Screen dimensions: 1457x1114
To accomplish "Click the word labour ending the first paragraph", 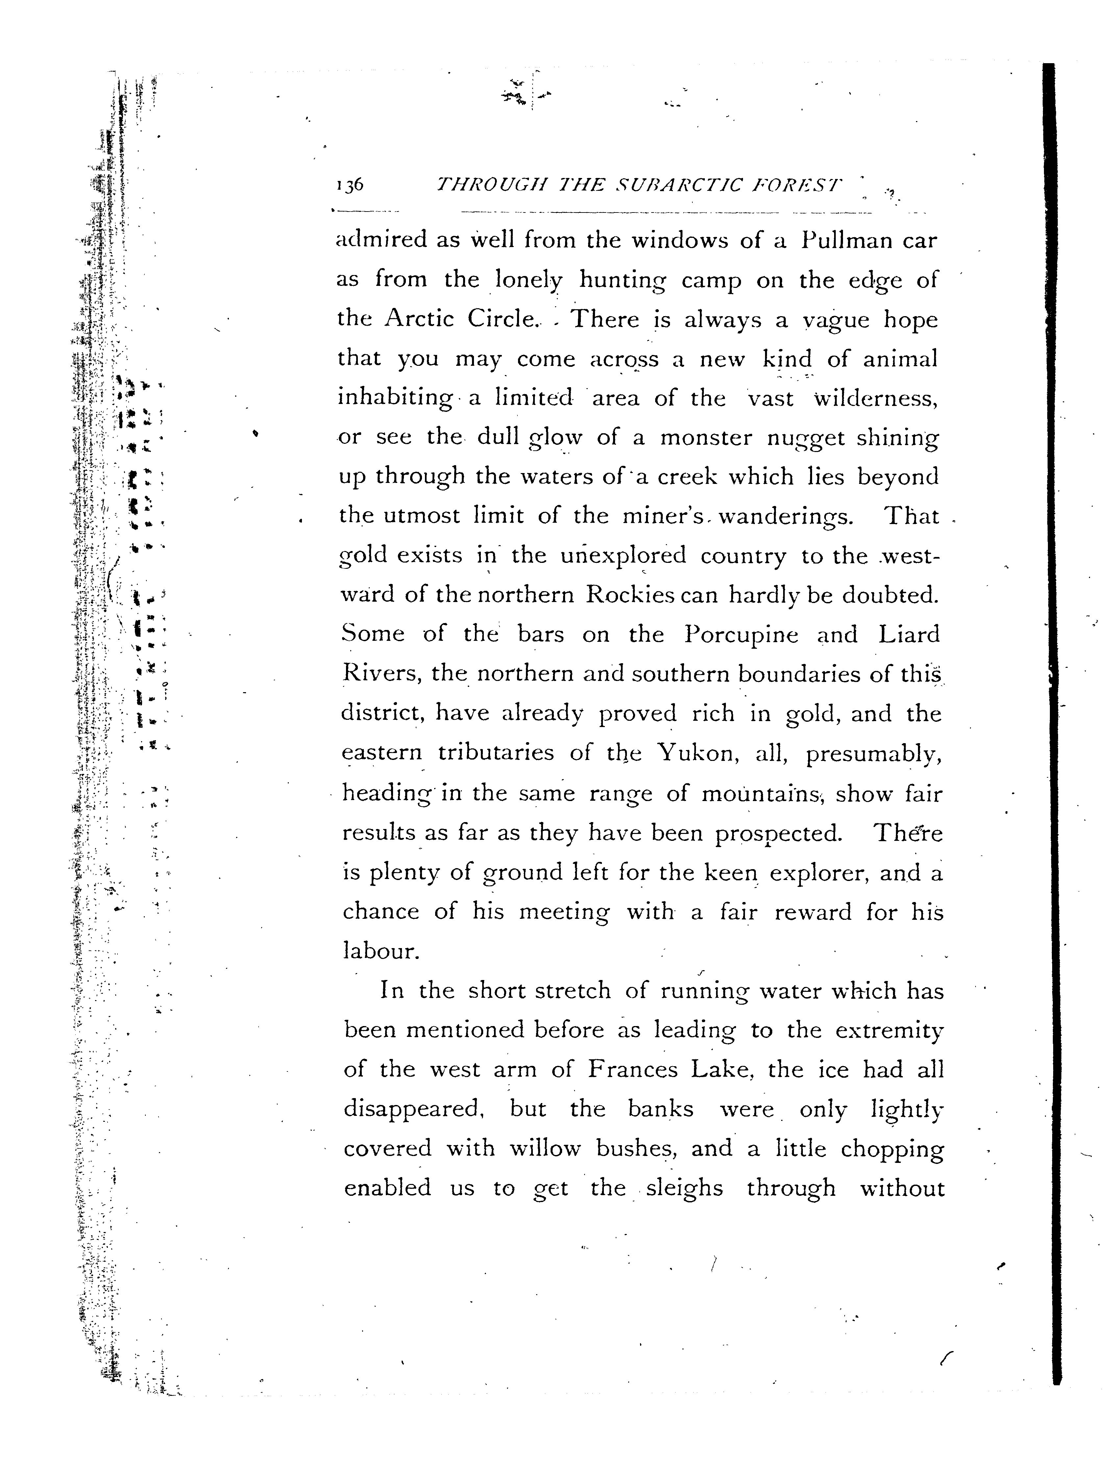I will [381, 951].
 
